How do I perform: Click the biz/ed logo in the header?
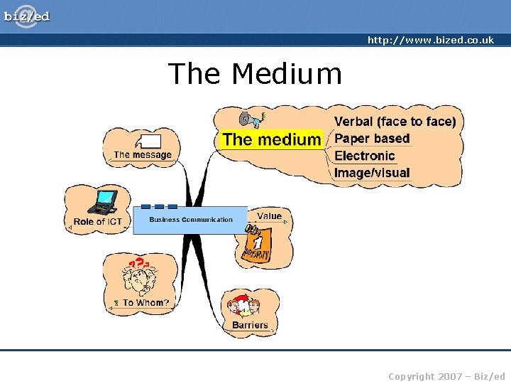coord(27,16)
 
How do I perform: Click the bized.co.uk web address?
coord(430,41)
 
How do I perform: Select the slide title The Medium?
coord(255,73)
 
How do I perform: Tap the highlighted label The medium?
coord(271,139)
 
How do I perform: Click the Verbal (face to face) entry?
coord(395,122)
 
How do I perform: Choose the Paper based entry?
coord(372,139)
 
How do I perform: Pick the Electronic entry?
coord(364,156)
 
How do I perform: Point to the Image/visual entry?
coord(372,173)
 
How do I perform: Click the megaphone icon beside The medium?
coord(251,118)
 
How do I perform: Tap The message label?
coord(143,155)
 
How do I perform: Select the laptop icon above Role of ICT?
coord(103,203)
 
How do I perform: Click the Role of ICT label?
coord(98,222)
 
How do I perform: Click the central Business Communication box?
coord(190,220)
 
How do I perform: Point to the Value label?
coord(269,216)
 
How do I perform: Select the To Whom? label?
coord(145,303)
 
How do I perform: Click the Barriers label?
coord(250,326)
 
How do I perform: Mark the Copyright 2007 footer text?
coord(446,376)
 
